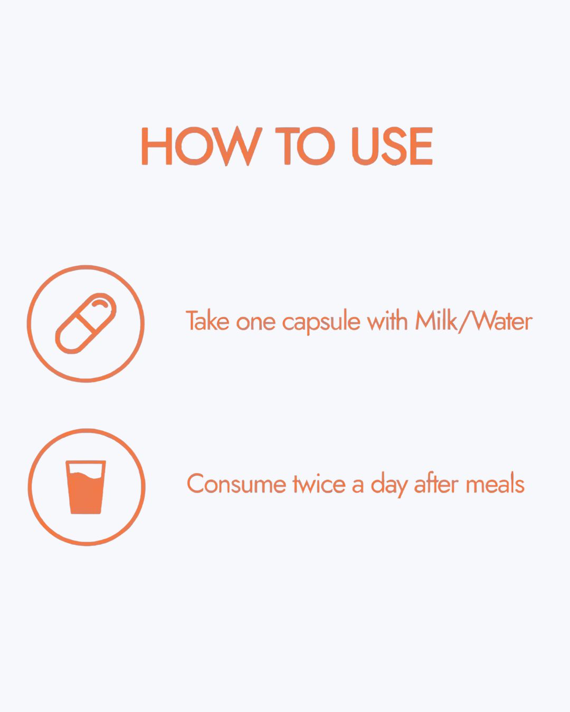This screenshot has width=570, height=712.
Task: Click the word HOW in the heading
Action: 202,146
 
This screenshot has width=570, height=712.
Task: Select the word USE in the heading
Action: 392,146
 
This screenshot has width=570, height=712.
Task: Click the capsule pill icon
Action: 86,323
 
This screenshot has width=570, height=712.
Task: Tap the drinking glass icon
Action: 86,487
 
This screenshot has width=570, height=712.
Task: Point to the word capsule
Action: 321,323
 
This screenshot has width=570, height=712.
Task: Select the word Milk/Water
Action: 474,321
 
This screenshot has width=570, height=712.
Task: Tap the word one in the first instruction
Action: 255,323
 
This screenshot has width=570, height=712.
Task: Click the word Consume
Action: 236,484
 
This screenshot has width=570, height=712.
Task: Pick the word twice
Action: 319,484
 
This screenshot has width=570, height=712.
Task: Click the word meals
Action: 495,484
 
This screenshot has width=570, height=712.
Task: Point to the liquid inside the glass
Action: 86,493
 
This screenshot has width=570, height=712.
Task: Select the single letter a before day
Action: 358,487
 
